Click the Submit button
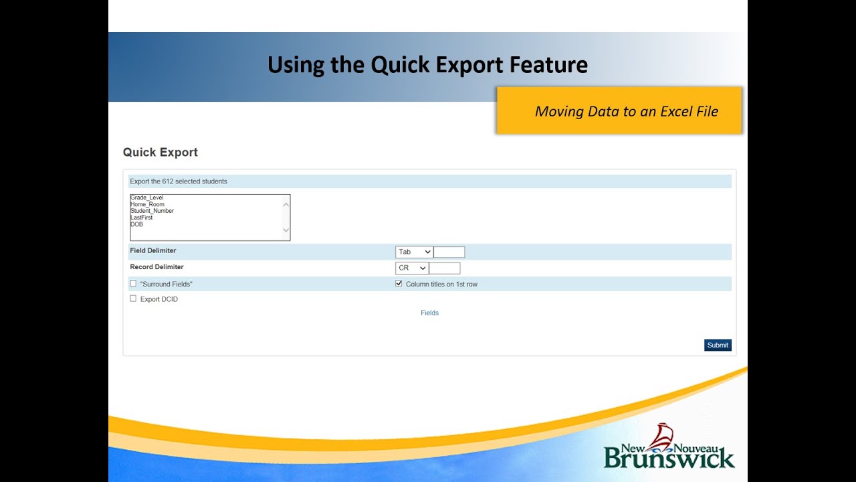[718, 345]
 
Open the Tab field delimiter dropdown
[414, 252]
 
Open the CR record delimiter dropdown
[412, 268]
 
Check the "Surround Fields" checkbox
[133, 284]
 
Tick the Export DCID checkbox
[133, 299]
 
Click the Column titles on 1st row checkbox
[399, 284]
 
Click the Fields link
[429, 313]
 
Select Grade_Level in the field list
[147, 197]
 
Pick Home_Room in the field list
[147, 204]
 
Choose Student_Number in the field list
[152, 211]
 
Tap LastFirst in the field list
[142, 218]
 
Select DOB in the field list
[137, 224]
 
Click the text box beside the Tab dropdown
[449, 252]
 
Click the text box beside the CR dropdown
[445, 268]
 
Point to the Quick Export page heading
[160, 153]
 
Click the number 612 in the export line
[168, 181]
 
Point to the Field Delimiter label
[153, 251]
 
